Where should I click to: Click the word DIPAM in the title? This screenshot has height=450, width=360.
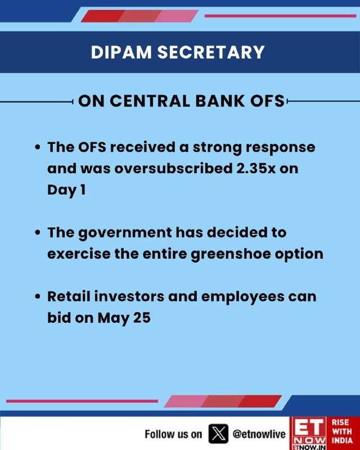(121, 52)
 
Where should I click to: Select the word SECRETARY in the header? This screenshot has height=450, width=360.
(211, 52)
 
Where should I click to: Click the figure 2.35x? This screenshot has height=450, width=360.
(256, 168)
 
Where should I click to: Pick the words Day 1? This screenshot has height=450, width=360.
(66, 190)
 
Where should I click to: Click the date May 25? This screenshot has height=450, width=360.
(124, 318)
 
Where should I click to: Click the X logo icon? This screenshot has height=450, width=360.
(218, 434)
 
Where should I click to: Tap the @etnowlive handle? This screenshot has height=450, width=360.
(259, 434)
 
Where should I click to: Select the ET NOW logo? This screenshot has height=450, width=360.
(309, 433)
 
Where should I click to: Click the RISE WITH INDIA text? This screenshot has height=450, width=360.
(343, 431)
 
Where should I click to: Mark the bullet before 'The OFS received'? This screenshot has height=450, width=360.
(37, 147)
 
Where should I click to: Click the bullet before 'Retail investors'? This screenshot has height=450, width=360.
(37, 296)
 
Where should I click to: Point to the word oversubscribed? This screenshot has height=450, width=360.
(173, 168)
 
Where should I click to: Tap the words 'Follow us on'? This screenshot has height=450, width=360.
(173, 434)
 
